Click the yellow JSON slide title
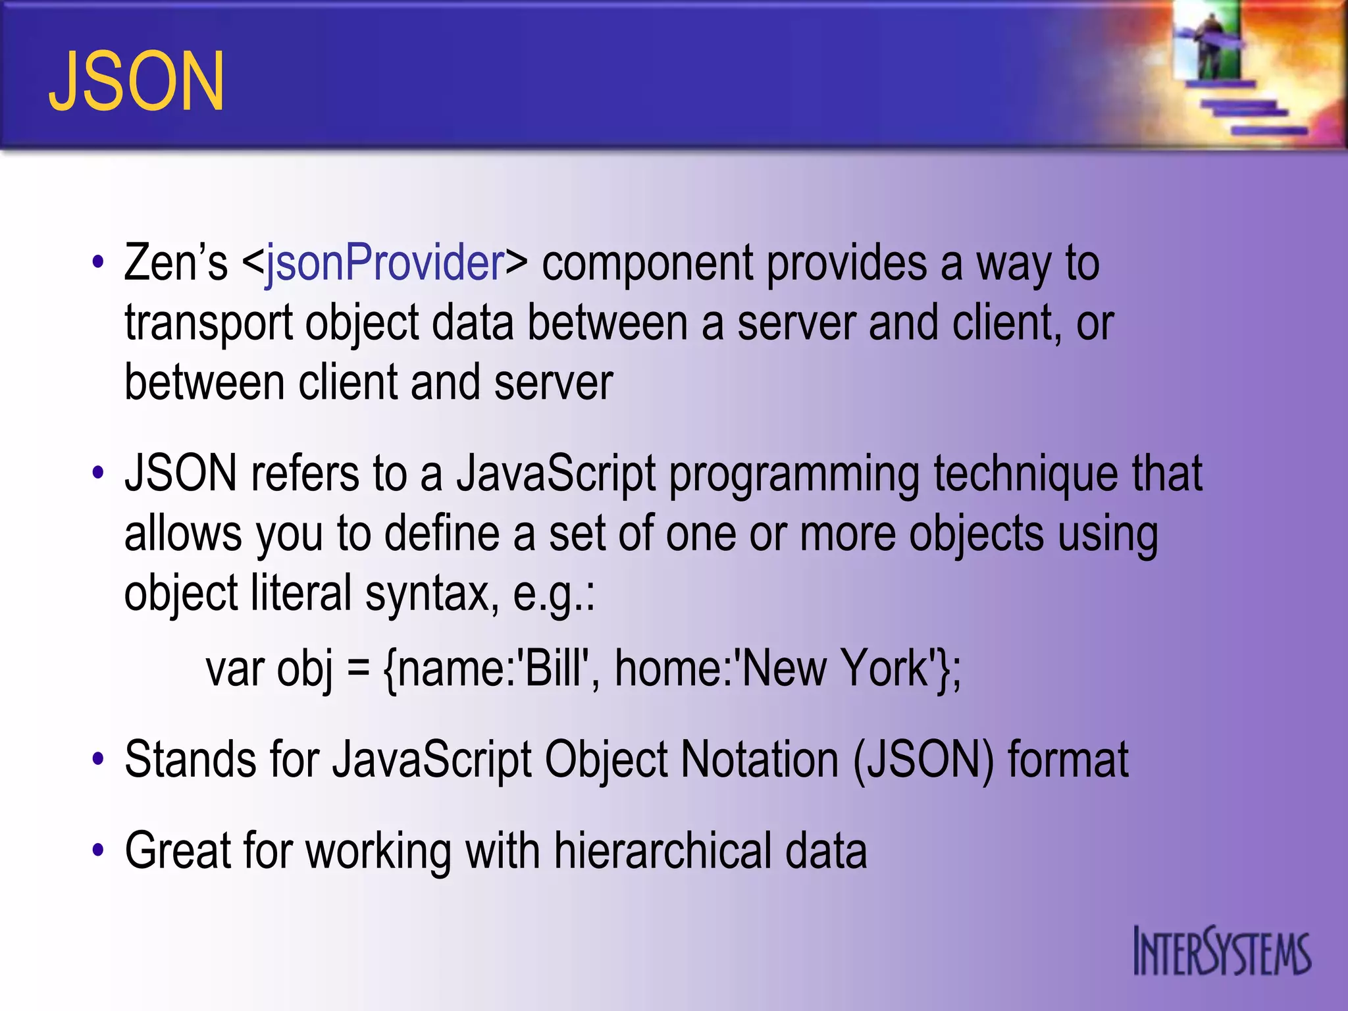[137, 82]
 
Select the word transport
[208, 324]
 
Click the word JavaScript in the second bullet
[556, 473]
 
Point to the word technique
[1025, 473]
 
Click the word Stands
[190, 760]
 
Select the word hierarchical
[661, 850]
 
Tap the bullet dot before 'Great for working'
[98, 850]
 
